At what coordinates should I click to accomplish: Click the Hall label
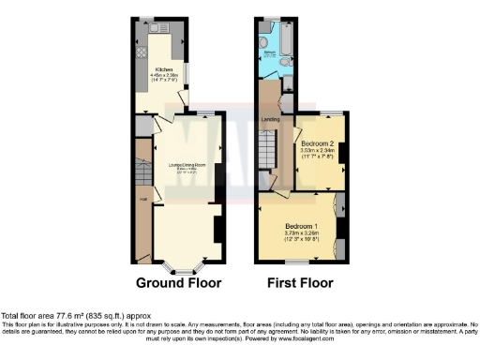(143, 198)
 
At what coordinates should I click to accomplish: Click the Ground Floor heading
(179, 283)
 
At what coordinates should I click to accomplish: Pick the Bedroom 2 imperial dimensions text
(317, 155)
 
